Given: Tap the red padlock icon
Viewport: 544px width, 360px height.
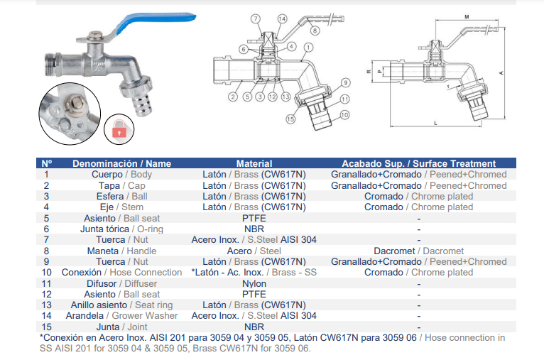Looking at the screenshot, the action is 119,129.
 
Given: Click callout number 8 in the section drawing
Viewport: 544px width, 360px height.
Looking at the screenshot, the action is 315,31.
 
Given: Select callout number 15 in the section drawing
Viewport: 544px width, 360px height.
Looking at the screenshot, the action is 290,119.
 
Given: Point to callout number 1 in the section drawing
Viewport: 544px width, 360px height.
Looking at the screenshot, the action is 308,47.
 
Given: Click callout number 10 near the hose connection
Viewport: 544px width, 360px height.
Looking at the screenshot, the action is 344,115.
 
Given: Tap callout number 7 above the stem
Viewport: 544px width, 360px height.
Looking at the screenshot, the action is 256,18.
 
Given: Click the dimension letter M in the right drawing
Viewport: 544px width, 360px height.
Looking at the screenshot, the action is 467,16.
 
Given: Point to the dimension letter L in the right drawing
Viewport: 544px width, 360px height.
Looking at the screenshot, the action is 436,123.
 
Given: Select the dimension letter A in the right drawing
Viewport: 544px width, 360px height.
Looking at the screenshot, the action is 501,73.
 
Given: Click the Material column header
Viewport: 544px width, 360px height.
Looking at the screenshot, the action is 254,163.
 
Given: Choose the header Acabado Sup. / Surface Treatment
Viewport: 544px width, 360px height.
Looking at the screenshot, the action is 419,163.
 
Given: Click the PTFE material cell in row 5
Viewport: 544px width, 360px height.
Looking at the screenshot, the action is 254,218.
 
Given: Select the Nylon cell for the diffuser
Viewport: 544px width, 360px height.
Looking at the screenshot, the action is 254,283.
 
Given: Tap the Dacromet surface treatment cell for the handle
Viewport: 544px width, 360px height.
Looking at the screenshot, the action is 419,251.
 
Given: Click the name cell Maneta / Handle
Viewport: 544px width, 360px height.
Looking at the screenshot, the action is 121,251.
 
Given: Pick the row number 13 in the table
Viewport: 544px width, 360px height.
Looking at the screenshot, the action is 46,305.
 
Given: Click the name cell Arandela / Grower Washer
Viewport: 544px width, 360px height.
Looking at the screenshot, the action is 121,315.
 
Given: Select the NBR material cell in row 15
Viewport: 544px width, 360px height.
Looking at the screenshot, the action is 254,327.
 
